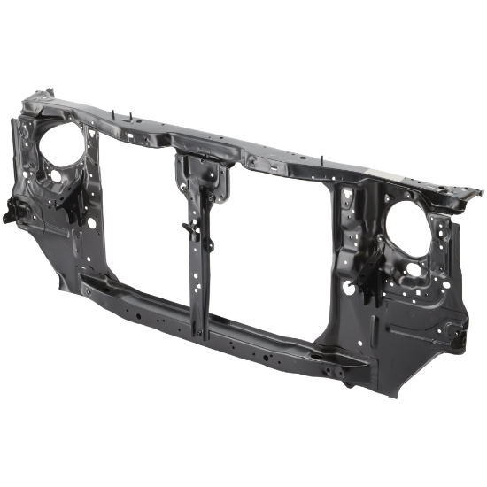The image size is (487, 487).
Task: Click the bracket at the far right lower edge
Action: click(x=456, y=335)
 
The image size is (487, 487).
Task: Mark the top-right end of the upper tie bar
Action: click(x=474, y=189)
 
